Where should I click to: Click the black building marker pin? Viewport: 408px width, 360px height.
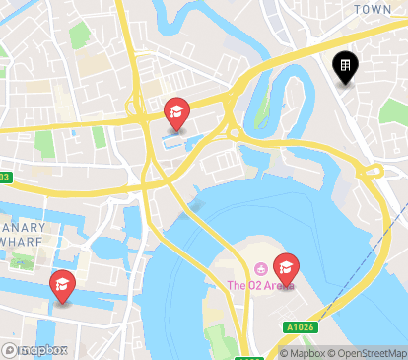(x=345, y=67)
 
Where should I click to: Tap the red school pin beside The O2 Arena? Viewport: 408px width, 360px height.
(x=286, y=267)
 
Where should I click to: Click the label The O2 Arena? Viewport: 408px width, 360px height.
(x=260, y=286)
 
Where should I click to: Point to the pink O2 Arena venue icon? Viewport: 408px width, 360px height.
(x=260, y=269)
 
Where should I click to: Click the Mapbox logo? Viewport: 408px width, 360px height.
(x=34, y=350)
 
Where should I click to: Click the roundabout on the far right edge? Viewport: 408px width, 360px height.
(x=372, y=173)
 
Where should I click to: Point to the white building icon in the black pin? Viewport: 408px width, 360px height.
(x=345, y=65)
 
